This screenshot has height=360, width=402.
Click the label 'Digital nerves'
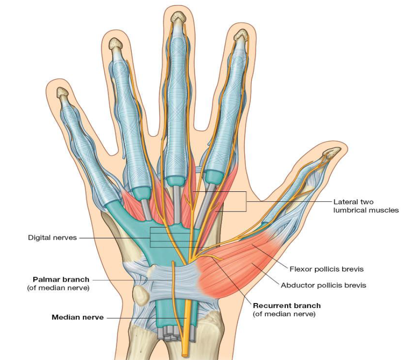(52, 238)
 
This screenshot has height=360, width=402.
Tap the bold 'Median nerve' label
(77, 317)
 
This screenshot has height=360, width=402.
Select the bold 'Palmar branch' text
(61, 279)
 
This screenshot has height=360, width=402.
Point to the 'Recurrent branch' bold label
(287, 306)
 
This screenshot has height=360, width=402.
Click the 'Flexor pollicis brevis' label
(327, 269)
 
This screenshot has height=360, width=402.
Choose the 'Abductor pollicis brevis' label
(324, 285)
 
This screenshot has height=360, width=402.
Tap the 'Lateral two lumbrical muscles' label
(366, 206)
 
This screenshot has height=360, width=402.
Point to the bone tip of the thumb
(332, 152)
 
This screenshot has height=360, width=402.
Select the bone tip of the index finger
(241, 35)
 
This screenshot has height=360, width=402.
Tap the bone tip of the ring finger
(116, 44)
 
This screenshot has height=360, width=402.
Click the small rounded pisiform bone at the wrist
(141, 295)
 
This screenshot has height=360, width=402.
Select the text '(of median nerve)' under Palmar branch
(58, 288)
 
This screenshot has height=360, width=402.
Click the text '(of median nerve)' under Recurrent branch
(284, 314)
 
